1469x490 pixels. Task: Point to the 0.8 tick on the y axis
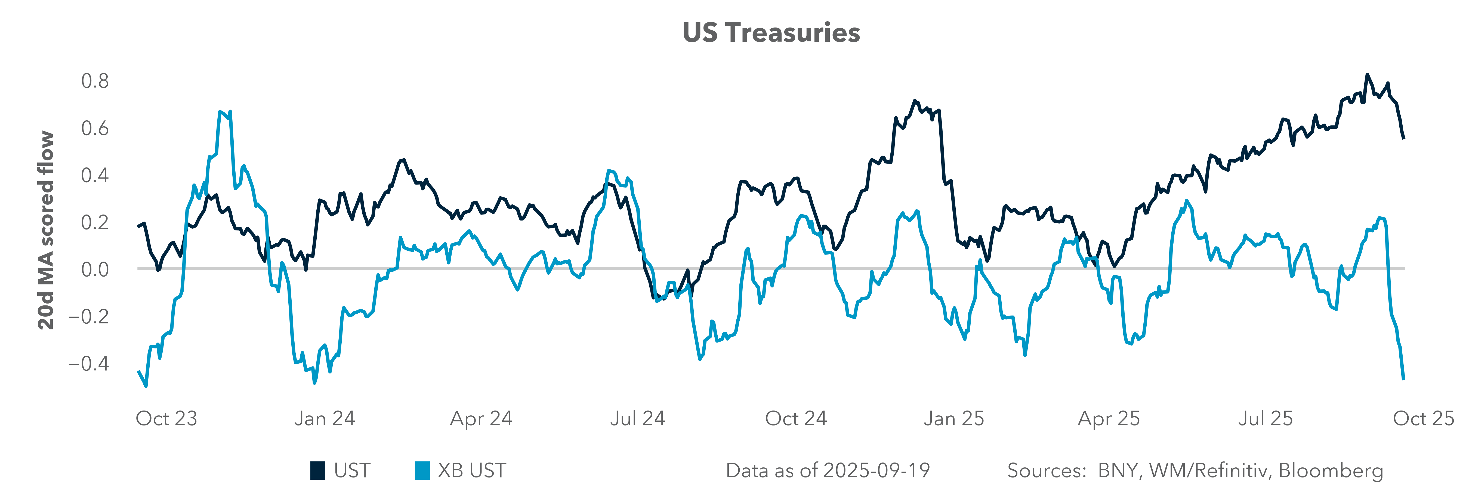pos(95,81)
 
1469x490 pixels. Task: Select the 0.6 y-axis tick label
pos(95,128)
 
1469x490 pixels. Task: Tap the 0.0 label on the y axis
pos(95,269)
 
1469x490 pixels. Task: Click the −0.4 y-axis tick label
pos(88,363)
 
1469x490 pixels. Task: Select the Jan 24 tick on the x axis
pos(325,419)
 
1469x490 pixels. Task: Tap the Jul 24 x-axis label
pos(638,419)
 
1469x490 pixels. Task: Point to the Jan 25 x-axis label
pos(953,419)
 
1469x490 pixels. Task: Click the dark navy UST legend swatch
pos(318,471)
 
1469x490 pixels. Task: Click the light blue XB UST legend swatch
pos(422,471)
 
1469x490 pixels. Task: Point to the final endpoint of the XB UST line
pos(1403,379)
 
